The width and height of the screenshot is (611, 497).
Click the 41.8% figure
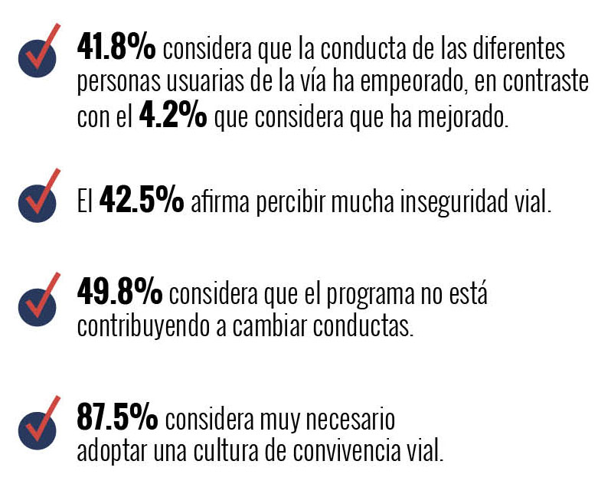116,49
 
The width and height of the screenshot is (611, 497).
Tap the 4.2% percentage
173,117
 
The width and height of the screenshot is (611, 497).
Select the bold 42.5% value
141,203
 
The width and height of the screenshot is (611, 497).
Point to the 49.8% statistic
119,292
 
